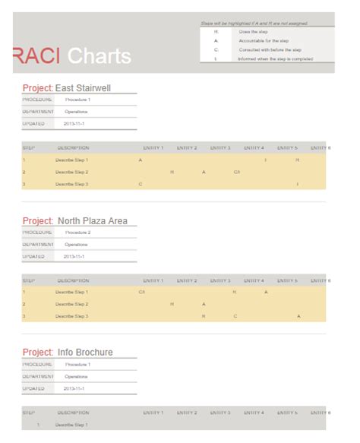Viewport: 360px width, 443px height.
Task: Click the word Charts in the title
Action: pyautogui.click(x=99, y=55)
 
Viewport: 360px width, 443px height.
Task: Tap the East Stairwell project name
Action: pyautogui.click(x=83, y=88)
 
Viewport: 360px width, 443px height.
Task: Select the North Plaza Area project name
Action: pyautogui.click(x=92, y=221)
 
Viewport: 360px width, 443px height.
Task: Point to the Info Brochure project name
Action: pyautogui.click(x=84, y=352)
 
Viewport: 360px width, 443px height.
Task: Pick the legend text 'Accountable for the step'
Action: pyautogui.click(x=263, y=40)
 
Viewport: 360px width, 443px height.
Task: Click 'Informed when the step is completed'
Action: pyautogui.click(x=275, y=59)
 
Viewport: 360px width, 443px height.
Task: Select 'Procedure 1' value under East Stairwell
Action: pyautogui.click(x=77, y=100)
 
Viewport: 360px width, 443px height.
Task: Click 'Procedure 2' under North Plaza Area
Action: pyautogui.click(x=77, y=233)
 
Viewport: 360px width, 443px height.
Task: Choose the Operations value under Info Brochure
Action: pyautogui.click(x=76, y=376)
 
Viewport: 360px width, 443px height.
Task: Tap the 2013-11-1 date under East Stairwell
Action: pyautogui.click(x=74, y=123)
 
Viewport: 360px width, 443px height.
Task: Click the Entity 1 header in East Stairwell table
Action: pyautogui.click(x=153, y=147)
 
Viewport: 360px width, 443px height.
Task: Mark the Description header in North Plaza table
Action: pyautogui.click(x=73, y=280)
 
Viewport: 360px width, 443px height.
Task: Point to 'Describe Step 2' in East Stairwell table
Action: pyautogui.click(x=71, y=172)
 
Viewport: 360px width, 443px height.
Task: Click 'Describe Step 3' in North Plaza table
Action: pyautogui.click(x=71, y=316)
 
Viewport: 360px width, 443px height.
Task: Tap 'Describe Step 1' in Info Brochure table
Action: pyautogui.click(x=71, y=425)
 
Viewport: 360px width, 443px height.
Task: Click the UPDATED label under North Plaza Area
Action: pyautogui.click(x=34, y=256)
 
